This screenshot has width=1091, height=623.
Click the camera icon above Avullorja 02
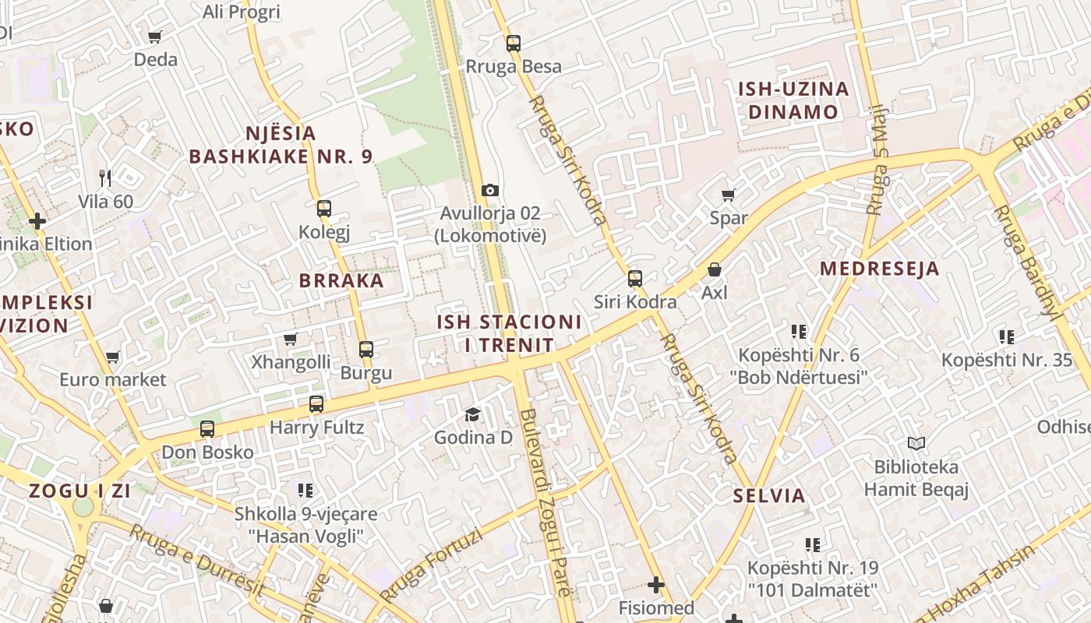tap(490, 190)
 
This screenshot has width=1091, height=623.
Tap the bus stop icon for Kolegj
tap(324, 209)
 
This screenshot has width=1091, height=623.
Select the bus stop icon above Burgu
tap(366, 350)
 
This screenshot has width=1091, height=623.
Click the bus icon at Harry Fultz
tap(316, 404)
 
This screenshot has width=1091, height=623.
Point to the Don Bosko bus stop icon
tap(207, 429)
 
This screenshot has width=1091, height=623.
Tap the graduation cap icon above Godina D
tap(472, 414)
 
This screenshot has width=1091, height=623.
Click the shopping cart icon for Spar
tap(729, 195)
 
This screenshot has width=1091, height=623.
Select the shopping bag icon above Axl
tap(715, 270)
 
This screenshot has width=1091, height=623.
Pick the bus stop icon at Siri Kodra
tap(635, 278)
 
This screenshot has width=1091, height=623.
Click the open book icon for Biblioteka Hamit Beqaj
tap(916, 444)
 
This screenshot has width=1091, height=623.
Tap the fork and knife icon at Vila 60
tap(106, 178)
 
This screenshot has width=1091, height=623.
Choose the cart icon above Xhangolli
tap(291, 339)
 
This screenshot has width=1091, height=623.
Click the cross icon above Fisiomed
tap(656, 584)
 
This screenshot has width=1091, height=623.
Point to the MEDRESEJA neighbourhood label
tap(880, 269)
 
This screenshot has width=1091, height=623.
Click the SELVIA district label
tap(769, 495)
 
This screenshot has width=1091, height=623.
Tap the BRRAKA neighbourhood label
tap(341, 281)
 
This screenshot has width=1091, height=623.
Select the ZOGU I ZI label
tap(79, 491)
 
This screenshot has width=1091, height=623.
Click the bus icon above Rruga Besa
tap(513, 44)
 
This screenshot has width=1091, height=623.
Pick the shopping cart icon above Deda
tap(155, 37)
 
